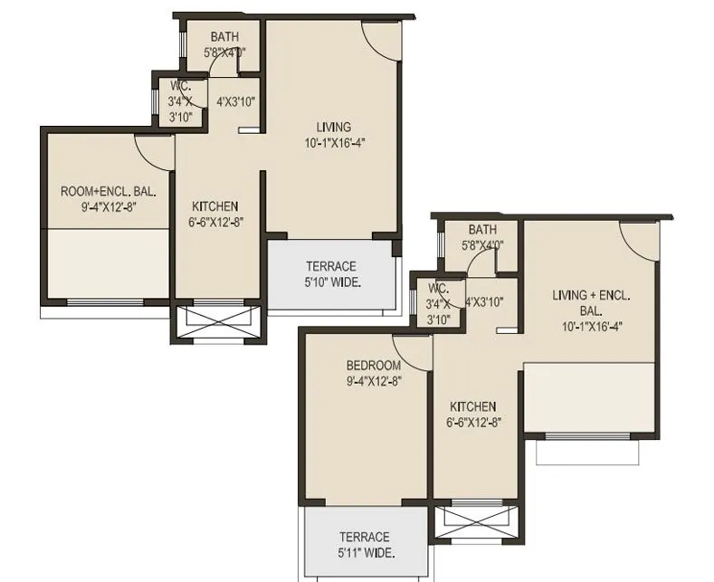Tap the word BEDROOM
(x=373, y=366)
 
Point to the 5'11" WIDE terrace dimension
(x=365, y=553)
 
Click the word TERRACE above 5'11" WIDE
(x=365, y=537)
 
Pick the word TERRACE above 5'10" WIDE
(x=330, y=266)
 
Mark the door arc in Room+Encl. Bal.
(x=152, y=149)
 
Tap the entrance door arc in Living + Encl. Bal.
(x=641, y=237)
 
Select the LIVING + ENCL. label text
(x=591, y=296)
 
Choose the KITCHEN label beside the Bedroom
(x=472, y=406)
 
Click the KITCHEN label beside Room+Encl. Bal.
(x=214, y=205)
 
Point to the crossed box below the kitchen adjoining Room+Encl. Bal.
(x=216, y=322)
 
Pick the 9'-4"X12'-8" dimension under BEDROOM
(x=373, y=381)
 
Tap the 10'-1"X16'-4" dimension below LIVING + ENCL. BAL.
(x=591, y=327)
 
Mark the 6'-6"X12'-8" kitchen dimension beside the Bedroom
(x=472, y=422)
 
